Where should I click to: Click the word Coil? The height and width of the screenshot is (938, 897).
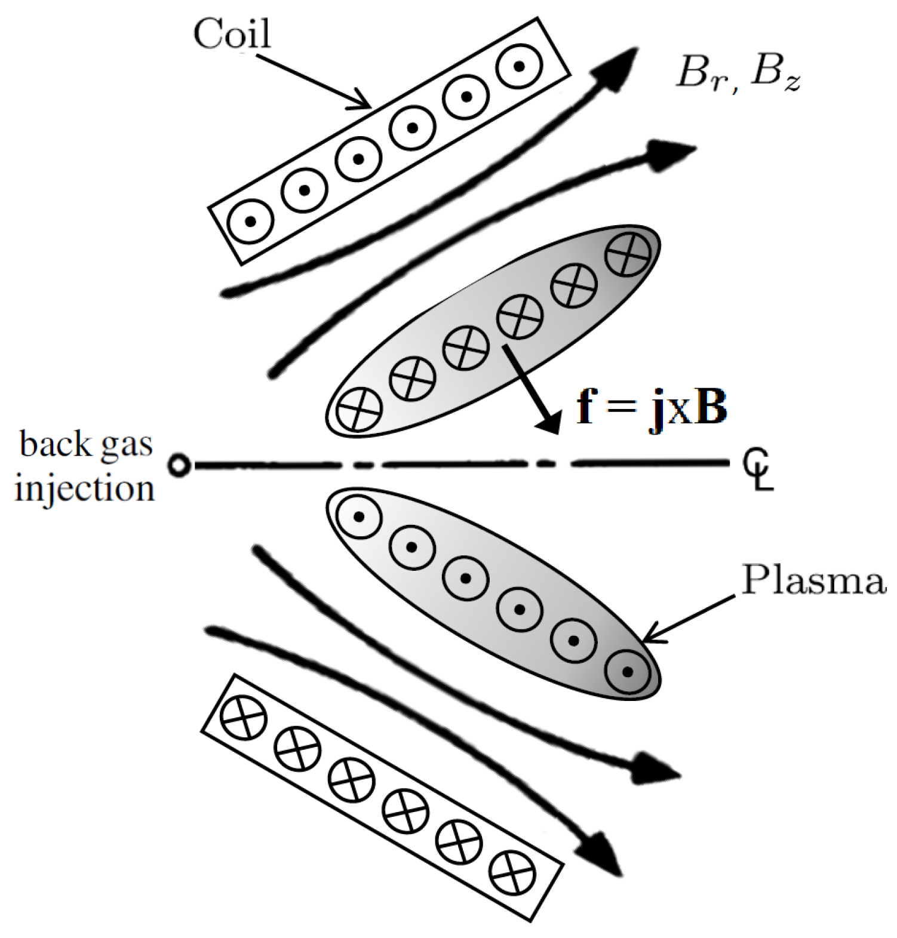(x=232, y=33)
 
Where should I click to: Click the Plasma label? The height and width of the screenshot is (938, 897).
(x=813, y=579)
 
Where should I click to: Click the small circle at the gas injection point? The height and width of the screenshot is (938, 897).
(x=179, y=465)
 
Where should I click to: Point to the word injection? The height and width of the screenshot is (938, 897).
(x=84, y=488)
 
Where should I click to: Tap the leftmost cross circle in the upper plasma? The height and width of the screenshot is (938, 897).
(x=358, y=410)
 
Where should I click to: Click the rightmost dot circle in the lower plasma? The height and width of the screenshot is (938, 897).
(x=627, y=672)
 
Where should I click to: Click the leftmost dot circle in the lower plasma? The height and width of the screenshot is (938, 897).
(x=359, y=516)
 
